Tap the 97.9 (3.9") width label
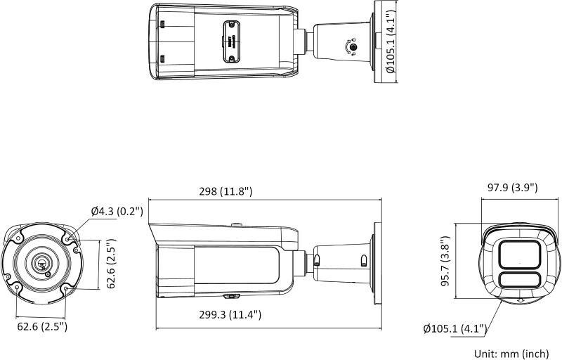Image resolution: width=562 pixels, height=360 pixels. coord(512,188)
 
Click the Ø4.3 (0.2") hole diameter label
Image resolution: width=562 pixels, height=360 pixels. coord(117,211)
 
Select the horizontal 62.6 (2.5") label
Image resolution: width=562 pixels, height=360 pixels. coord(41,326)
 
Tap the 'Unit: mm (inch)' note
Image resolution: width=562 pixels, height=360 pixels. coord(511,352)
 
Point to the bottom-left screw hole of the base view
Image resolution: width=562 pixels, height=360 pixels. coord(18,286)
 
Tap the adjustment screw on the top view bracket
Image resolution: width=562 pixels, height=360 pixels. coord(353,48)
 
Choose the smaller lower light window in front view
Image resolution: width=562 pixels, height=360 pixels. coord(519,281)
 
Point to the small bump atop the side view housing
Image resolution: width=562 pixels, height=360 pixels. coord(237,226)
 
